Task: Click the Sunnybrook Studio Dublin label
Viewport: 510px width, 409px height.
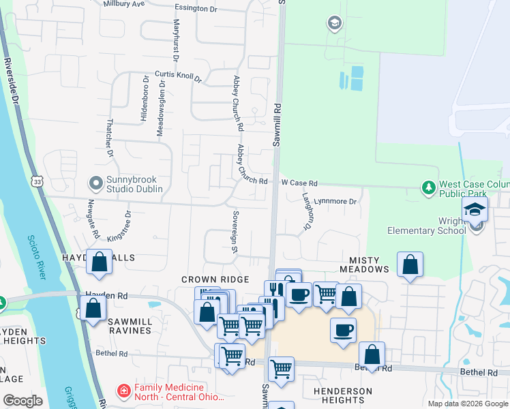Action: click(134, 183)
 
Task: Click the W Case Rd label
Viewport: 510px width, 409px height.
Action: click(300, 183)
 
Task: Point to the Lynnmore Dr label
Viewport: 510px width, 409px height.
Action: click(338, 202)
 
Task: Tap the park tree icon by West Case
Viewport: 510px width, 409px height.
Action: click(428, 187)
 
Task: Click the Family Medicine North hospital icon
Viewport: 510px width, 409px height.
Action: click(124, 391)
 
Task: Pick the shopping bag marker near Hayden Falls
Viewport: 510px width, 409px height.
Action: click(100, 262)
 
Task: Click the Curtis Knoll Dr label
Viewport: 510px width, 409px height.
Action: click(179, 76)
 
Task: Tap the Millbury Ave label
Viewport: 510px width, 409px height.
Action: click(124, 3)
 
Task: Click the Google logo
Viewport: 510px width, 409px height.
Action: click(22, 401)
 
